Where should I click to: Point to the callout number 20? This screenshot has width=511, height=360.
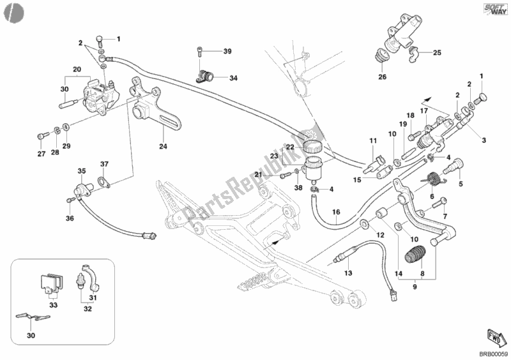click(77, 69)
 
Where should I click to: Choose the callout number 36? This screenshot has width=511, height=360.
click(70, 218)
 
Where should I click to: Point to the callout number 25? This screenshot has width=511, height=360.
click(437, 53)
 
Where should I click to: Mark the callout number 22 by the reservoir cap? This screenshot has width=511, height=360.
click(289, 147)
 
